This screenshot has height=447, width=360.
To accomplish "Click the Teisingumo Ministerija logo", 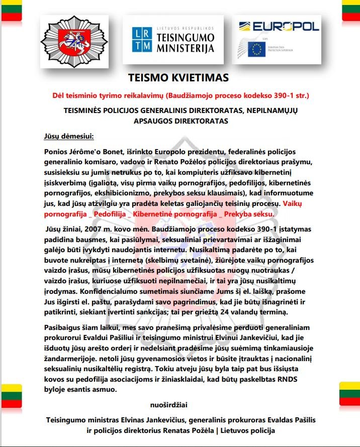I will tap(173, 39).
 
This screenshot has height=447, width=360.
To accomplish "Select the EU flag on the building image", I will tap(256, 49).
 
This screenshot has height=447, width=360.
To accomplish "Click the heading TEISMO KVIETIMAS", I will tap(178, 78).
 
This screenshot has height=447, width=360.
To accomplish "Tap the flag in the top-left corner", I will tap(10, 10).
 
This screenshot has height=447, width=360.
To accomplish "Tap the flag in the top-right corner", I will tap(350, 10).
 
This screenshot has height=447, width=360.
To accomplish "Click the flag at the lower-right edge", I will tap(350, 393).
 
